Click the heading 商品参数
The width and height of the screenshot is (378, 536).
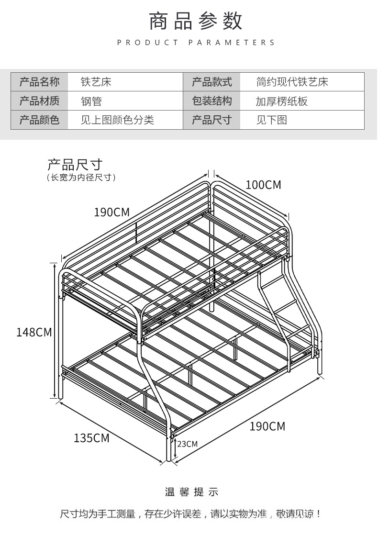(196, 22)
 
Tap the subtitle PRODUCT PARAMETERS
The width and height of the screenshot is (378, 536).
(196, 43)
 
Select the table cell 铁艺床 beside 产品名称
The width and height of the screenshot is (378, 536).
(96, 82)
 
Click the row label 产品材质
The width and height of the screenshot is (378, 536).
(39, 101)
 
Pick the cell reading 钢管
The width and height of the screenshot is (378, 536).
(91, 101)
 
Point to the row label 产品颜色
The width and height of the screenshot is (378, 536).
(39, 120)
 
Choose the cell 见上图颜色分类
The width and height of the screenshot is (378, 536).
(117, 120)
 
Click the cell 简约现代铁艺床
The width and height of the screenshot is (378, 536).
(292, 82)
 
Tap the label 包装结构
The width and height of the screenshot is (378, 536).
(211, 101)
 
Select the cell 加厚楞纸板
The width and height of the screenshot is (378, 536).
(281, 101)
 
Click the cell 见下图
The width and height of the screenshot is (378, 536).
(271, 120)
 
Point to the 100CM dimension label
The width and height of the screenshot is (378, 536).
(264, 185)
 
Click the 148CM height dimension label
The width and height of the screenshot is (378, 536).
(33, 332)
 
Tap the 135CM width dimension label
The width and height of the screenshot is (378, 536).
(91, 437)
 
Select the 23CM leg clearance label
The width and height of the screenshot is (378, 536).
(187, 444)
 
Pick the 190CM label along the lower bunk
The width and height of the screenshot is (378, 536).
(267, 426)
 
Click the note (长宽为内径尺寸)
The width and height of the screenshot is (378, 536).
(81, 178)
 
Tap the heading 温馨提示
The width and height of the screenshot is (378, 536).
(191, 492)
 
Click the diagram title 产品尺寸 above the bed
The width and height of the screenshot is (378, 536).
(75, 165)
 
